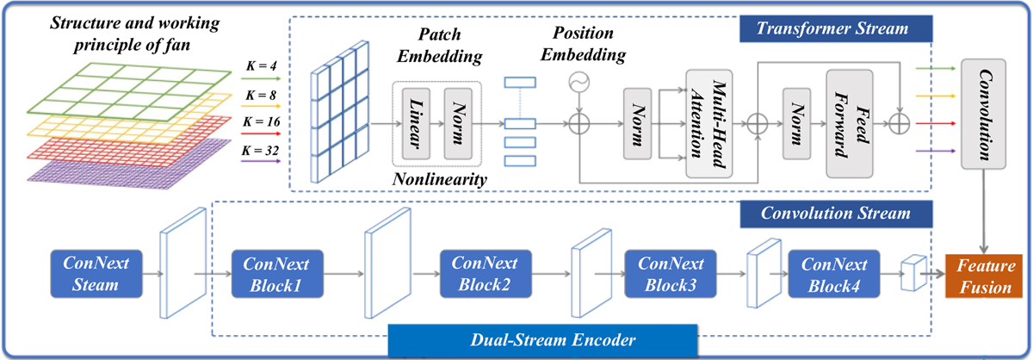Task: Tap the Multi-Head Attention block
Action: click(x=708, y=122)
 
